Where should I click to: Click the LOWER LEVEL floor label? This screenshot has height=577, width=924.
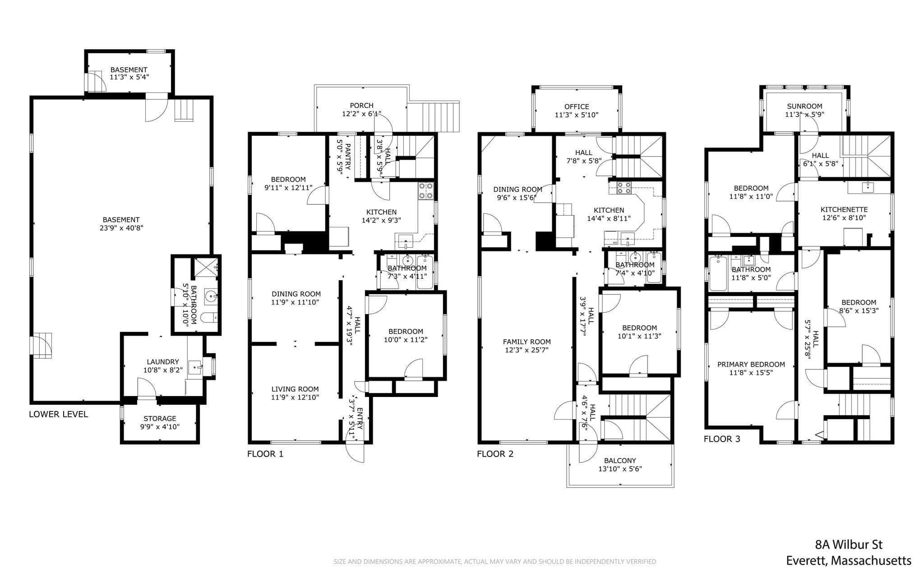point(58,414)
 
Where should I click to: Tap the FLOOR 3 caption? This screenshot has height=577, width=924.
point(722,439)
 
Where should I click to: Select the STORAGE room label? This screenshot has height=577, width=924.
point(160,419)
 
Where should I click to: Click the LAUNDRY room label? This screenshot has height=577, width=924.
point(163,362)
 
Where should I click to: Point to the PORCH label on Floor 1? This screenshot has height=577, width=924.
point(362,106)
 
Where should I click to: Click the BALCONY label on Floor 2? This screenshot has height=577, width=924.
point(620,461)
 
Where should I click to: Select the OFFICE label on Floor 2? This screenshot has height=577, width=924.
point(577,106)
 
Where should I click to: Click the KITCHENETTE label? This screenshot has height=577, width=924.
point(844,209)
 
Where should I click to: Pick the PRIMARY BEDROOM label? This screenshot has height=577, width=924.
point(751,365)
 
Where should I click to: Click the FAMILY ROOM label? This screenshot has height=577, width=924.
point(527,342)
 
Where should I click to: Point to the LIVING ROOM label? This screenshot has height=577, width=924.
point(295,389)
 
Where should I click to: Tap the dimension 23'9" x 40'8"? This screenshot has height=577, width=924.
point(121,228)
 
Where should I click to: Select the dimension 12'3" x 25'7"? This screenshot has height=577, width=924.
point(527,350)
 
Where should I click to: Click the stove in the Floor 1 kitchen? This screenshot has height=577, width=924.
point(425,190)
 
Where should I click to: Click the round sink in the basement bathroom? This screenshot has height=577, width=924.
point(211,296)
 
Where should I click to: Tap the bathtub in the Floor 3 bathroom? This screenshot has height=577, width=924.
point(718,273)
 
